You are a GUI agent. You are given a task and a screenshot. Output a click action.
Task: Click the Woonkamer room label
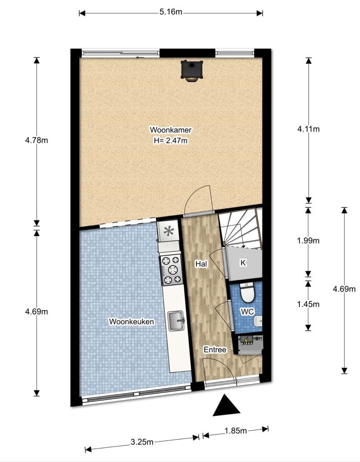pyautogui.click(x=171, y=129)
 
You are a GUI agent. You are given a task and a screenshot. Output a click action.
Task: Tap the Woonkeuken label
pyautogui.click(x=131, y=321)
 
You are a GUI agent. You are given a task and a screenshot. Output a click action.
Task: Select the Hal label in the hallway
pyautogui.click(x=201, y=264)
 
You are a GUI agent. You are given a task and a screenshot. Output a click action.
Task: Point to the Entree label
pyautogui.click(x=215, y=350)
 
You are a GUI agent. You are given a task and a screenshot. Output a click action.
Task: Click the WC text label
pyautogui.click(x=247, y=311)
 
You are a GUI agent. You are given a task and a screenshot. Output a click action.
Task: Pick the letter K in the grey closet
pyautogui.click(x=243, y=263)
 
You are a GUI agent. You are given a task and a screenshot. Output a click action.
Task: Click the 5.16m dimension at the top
pyautogui.click(x=171, y=12)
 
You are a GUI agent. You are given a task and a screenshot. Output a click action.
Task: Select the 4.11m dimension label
pyautogui.click(x=309, y=129)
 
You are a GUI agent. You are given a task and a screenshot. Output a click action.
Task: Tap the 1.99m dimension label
pyautogui.click(x=308, y=240)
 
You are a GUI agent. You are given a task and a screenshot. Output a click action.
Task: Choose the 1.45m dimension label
pyautogui.click(x=308, y=304)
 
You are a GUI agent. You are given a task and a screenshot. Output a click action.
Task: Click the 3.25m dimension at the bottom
pyautogui.click(x=142, y=442)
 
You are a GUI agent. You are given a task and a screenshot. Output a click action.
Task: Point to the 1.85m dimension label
pyautogui.click(x=235, y=431)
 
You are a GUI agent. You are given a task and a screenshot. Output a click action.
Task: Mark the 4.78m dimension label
pyautogui.click(x=37, y=140)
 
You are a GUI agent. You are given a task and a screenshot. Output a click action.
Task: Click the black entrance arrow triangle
pyautogui.click(x=226, y=407)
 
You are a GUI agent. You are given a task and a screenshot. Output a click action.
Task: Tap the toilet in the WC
pyautogui.click(x=247, y=292)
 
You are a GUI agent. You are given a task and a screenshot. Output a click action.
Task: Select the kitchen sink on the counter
pyautogui.click(x=176, y=321)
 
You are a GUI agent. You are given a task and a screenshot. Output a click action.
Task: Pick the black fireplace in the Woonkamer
pyautogui.click(x=192, y=70)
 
